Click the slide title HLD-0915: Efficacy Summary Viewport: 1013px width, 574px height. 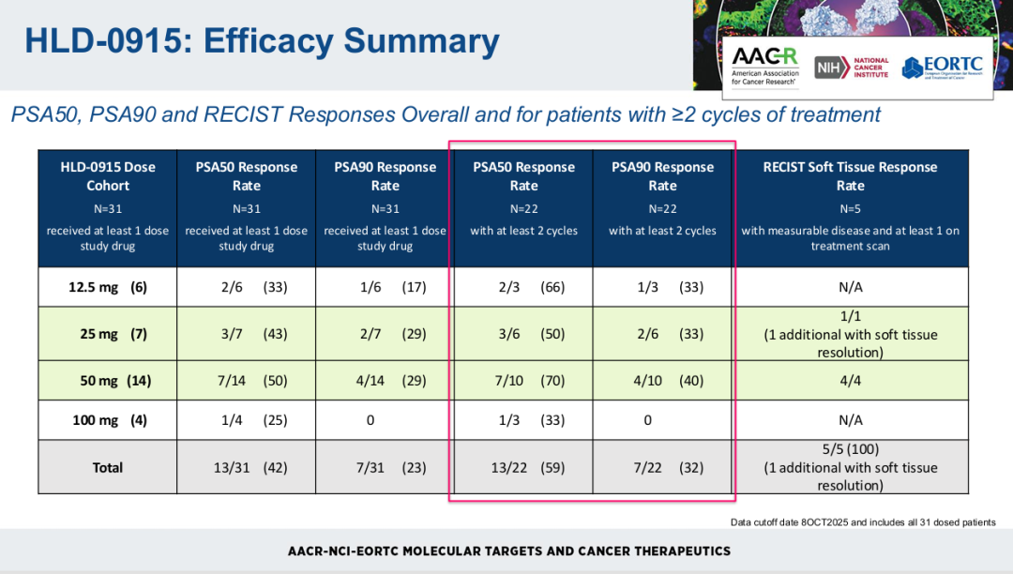coord(262,41)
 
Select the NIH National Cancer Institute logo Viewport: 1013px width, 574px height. coord(852,68)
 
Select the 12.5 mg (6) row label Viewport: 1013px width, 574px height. coord(108,288)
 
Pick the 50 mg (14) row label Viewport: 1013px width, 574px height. coord(108,381)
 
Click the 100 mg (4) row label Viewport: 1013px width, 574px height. coord(108,420)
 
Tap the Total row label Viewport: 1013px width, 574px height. coord(108,467)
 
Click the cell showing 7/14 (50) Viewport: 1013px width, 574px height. coord(247,381)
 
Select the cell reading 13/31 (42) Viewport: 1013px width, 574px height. coord(247,467)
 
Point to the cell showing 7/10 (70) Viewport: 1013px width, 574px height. coord(523,381)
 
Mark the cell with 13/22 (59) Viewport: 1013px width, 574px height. coord(523,467)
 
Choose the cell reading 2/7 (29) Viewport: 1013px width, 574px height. coord(385,334)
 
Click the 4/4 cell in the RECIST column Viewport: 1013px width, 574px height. coord(850,381)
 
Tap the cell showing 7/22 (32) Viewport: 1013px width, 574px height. coord(662,467)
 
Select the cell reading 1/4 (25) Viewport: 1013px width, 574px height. coord(247,420)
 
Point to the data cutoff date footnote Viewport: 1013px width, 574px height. coord(862,522)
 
